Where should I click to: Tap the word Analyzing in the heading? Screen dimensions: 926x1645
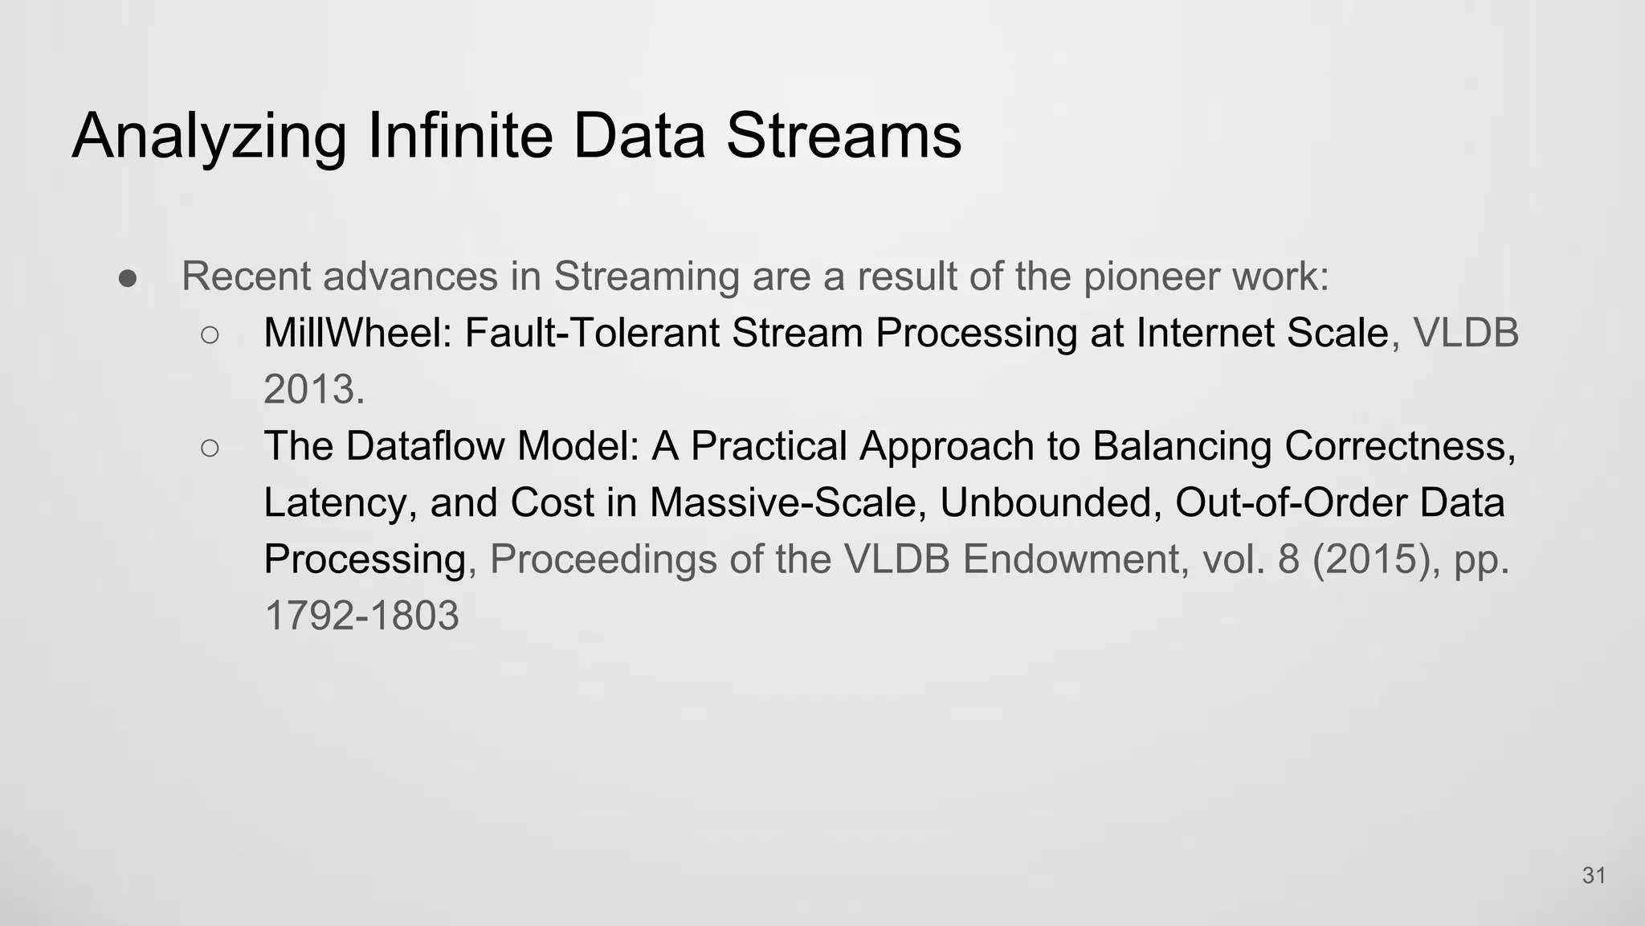(x=210, y=137)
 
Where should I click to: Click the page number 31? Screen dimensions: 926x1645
(x=1594, y=875)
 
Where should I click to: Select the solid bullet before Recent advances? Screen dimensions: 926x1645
(x=128, y=278)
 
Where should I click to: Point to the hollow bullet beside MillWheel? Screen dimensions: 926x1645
(x=210, y=334)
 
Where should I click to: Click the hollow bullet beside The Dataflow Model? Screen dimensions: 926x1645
(x=210, y=448)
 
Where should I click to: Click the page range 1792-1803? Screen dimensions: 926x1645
(x=361, y=616)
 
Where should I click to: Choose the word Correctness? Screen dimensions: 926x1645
(x=1399, y=446)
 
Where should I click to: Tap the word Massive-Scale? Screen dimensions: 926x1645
(x=783, y=503)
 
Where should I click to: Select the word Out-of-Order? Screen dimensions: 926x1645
(x=1290, y=503)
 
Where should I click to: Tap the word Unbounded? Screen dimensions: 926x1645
(x=1051, y=503)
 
